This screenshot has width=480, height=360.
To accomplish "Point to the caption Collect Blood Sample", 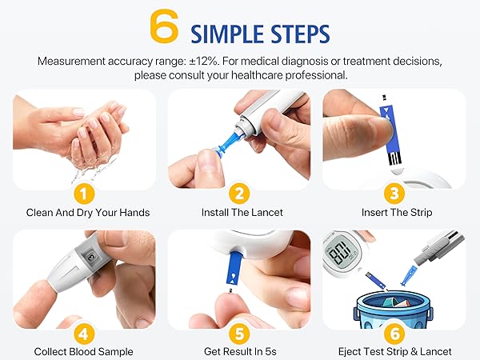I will click(x=84, y=351).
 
